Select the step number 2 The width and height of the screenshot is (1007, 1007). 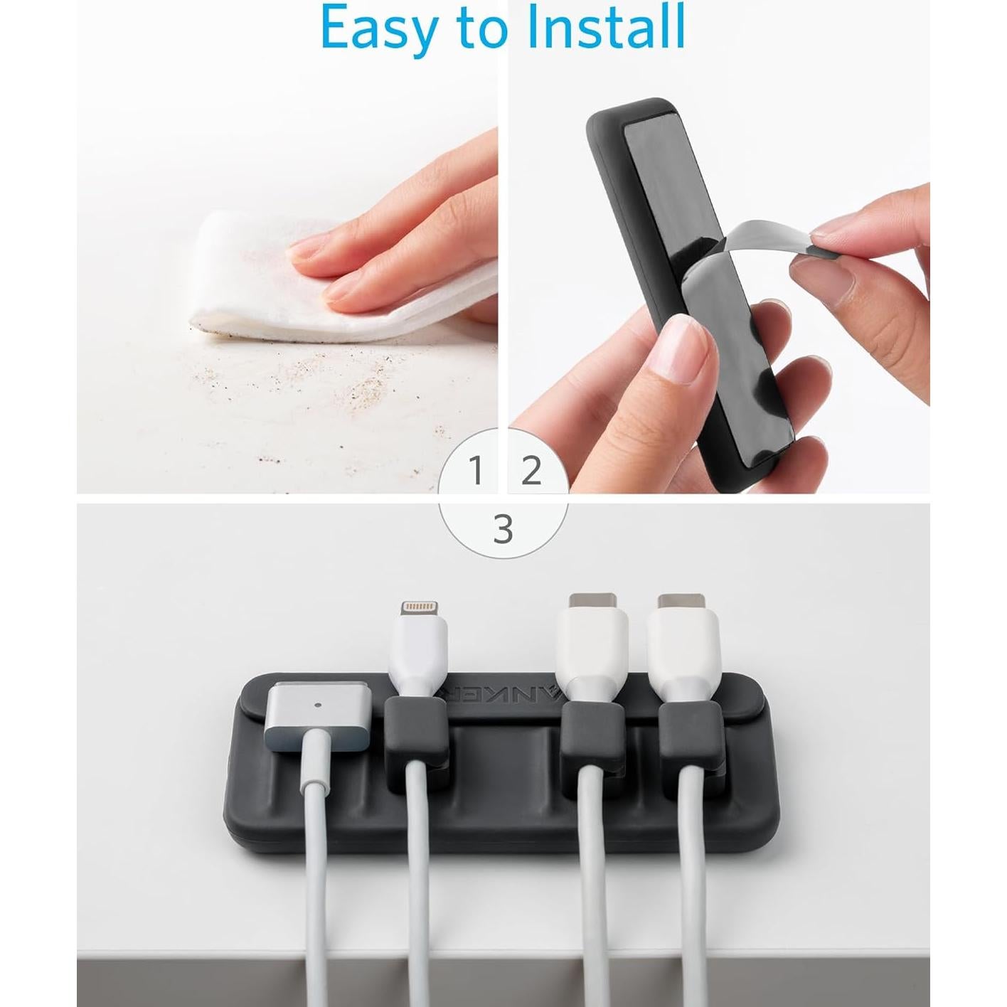pos(531,471)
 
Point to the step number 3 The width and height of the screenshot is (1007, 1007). pos(503,530)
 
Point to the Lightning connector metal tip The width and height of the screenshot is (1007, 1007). pos(417,610)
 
